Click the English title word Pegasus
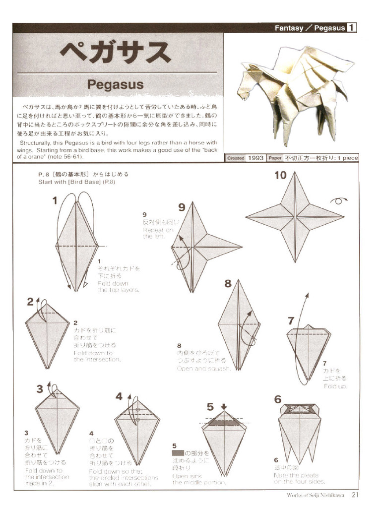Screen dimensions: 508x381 point(115,84)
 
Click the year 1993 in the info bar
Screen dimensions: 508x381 point(256,158)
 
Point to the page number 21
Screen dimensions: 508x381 point(355,494)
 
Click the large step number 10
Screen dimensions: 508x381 point(280,175)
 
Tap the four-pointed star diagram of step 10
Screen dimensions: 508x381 point(295,217)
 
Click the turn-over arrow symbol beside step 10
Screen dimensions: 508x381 point(339,200)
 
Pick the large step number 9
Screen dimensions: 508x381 point(182,207)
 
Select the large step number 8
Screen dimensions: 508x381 point(228,284)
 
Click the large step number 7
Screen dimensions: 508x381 point(291,321)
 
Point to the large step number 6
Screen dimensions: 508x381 point(277,399)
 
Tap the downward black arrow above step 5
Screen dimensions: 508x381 point(224,406)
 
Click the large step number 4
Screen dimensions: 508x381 point(119,396)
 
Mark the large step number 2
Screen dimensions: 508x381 point(30,302)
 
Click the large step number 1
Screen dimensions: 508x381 point(55,200)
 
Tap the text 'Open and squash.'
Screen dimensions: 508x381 point(203,369)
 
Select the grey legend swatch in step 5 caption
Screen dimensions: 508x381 point(178,453)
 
